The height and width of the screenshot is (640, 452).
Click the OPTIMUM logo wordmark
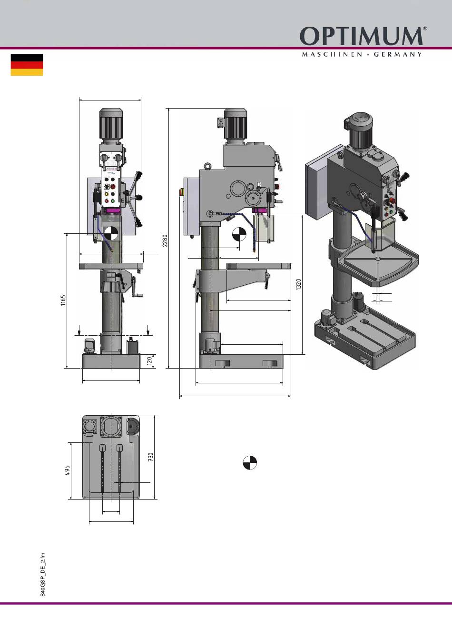[x=361, y=36]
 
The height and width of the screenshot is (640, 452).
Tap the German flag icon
[x=27, y=65]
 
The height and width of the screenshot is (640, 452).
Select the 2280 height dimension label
[x=165, y=240]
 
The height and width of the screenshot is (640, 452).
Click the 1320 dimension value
[x=298, y=284]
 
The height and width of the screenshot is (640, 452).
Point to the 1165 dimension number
[x=63, y=300]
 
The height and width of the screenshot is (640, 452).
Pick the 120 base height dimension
[x=149, y=361]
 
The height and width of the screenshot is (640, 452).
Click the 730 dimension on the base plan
[x=150, y=457]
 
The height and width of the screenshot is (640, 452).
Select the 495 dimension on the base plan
[x=68, y=470]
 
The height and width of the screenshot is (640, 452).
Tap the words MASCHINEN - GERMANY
[x=362, y=54]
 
